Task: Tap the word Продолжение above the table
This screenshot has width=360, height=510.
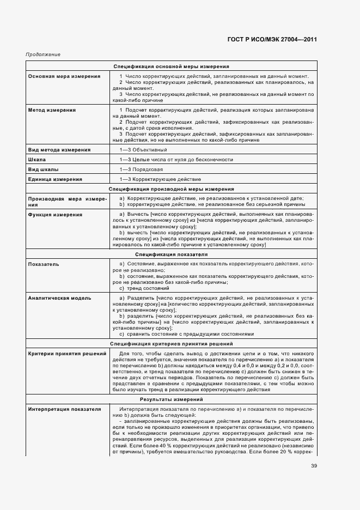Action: click(42, 54)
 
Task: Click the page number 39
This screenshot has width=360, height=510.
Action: click(314, 465)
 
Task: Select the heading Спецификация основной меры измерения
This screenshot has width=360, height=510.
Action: click(171, 66)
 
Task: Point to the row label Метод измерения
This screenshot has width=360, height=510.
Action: click(52, 110)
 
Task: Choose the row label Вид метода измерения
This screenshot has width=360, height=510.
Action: click(59, 149)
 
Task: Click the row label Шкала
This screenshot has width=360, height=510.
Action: click(37, 160)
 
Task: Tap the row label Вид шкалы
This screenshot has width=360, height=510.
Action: click(44, 169)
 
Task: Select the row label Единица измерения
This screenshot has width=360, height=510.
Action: click(55, 179)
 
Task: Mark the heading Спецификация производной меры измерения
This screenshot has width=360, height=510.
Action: click(171, 189)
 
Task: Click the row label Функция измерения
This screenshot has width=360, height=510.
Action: click(55, 215)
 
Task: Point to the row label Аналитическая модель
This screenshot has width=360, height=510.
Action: click(59, 298)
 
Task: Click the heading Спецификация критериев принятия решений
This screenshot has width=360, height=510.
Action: click(171, 344)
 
